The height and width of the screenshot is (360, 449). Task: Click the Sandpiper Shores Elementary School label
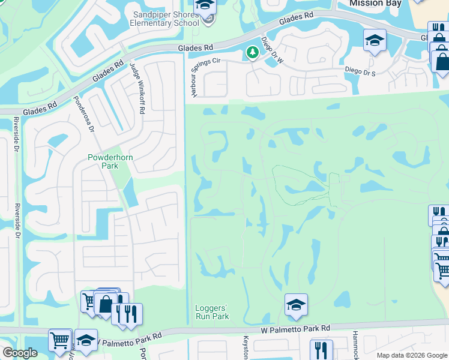[164, 18]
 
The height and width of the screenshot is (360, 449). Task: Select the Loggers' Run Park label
[212, 313]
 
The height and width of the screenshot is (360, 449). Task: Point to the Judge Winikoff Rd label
[137, 91]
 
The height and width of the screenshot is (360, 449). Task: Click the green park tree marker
[253, 53]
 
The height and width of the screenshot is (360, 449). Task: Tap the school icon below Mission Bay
[375, 40]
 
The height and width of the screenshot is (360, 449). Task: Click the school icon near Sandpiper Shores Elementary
[205, 5]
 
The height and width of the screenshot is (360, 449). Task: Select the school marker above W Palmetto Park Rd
[296, 305]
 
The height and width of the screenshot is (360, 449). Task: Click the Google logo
[20, 353]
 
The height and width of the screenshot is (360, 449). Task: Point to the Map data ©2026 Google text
[411, 355]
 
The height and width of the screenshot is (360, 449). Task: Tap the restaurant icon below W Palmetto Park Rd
[321, 350]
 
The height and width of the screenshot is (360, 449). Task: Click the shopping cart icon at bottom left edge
[60, 340]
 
